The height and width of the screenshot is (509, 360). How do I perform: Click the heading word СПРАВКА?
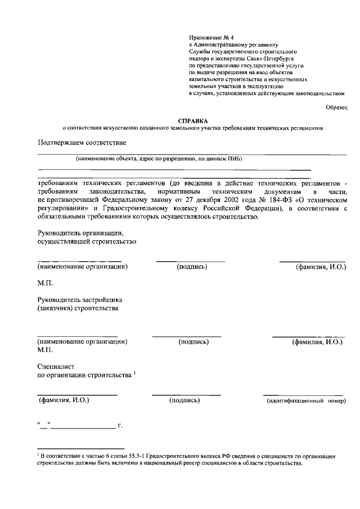click(x=192, y=120)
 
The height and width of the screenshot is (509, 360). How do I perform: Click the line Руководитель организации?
click(x=79, y=233)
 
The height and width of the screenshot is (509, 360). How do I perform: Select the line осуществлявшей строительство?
click(x=87, y=242)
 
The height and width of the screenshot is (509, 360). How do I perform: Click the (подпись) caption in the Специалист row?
click(x=184, y=400)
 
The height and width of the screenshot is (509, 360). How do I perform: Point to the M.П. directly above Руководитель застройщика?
click(x=45, y=283)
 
